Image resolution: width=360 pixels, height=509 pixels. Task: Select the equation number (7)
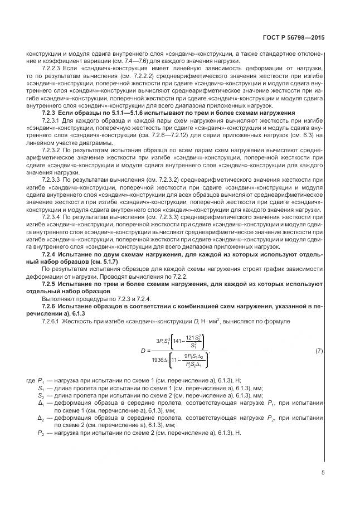(x=319, y=351)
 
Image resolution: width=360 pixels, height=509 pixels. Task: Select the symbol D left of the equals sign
(x=143, y=351)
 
